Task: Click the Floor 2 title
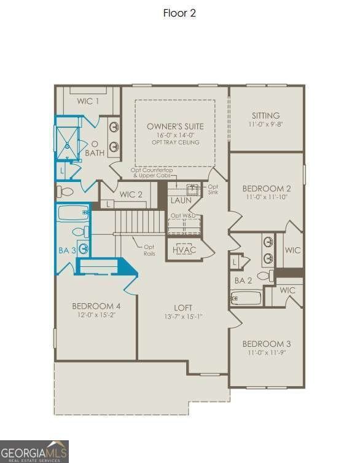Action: click(179, 13)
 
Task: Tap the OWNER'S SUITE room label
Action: click(175, 126)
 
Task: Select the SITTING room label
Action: click(266, 116)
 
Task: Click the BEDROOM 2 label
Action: click(266, 188)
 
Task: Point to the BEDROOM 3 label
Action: click(266, 344)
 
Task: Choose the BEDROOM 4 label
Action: click(96, 306)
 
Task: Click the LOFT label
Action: click(183, 307)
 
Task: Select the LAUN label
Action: click(181, 200)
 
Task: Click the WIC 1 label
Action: click(88, 101)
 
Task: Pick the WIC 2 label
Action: click(131, 194)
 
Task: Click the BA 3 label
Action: click(68, 250)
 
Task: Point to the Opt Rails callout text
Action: click(149, 250)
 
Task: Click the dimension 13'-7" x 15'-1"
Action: click(183, 317)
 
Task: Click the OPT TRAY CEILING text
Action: click(175, 142)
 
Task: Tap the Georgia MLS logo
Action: click(34, 451)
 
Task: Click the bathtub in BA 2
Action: click(247, 298)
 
